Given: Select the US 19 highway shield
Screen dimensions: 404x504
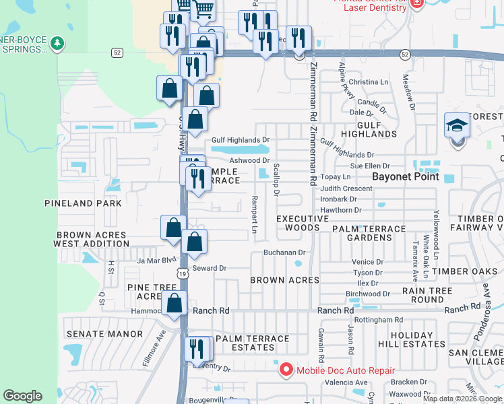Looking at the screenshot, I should (x=182, y=273).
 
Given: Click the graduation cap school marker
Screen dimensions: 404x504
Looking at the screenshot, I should (x=456, y=126).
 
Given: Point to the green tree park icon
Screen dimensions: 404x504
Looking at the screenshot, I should (x=58, y=44).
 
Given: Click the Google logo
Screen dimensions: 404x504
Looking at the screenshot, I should (x=22, y=395).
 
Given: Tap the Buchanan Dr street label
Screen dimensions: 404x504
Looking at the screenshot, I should (x=284, y=252).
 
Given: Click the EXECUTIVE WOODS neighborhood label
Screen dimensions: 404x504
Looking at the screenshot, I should (x=298, y=223).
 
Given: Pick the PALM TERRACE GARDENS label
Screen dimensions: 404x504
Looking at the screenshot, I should (x=370, y=233).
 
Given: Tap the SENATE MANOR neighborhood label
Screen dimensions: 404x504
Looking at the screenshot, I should (x=104, y=334).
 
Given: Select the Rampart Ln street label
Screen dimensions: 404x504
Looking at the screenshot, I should (x=255, y=215).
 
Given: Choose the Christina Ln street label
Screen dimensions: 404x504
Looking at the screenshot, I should (x=369, y=82).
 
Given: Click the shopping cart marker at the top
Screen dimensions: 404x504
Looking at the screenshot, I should (x=203, y=9).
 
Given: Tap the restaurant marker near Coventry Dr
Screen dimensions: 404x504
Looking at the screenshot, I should (x=196, y=349).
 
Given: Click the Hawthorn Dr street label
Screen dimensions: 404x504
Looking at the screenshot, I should (x=341, y=210).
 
